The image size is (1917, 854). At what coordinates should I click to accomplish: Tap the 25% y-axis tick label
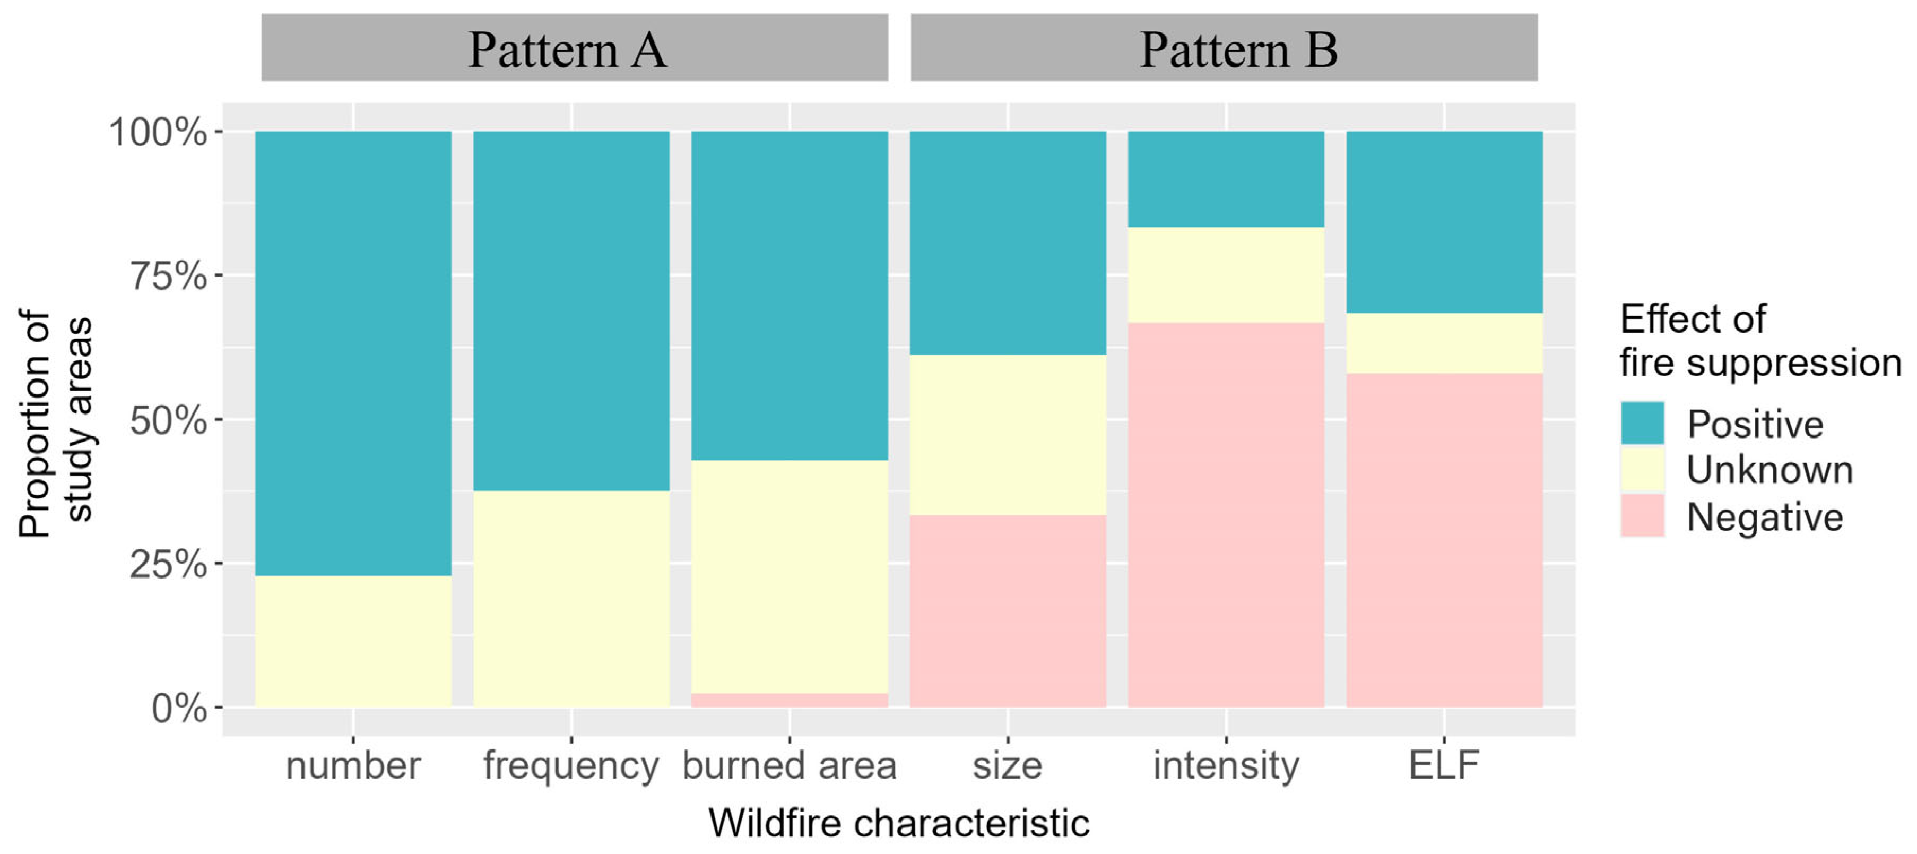169,564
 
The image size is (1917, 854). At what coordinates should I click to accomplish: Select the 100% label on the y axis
158,133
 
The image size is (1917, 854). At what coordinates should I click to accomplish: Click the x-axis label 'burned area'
789,765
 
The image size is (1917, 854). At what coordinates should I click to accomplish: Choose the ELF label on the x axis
1444,765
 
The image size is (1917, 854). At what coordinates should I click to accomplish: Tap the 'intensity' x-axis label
1226,765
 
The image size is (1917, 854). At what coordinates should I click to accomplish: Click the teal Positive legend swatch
1642,424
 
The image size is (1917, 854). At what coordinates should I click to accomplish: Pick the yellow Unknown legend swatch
1642,470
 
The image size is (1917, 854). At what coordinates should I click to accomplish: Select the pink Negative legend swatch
1642,516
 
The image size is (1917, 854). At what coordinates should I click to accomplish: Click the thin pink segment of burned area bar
789,700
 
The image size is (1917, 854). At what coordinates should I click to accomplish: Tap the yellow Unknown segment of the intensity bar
1226,275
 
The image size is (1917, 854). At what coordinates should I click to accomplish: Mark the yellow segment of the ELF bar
1444,342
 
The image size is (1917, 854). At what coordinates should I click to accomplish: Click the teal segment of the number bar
353,353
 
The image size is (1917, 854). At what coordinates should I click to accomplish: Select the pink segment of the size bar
1007,610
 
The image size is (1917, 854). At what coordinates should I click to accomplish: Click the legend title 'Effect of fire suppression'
1759,340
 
